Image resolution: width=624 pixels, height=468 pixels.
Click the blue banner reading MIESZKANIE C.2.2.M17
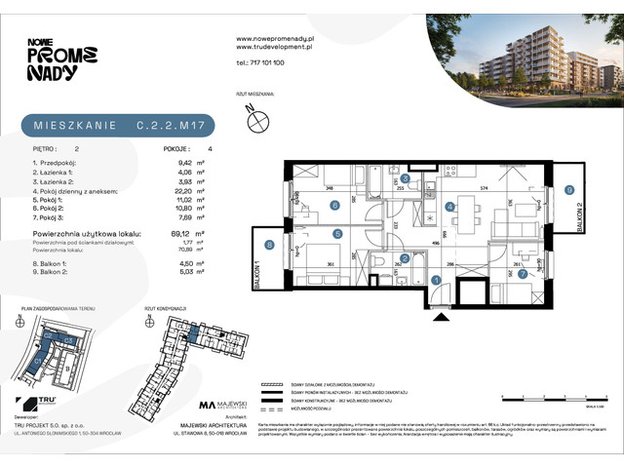(118, 126)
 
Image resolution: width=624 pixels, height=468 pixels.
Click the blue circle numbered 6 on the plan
(334, 205)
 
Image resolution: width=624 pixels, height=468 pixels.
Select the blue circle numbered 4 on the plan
(449, 207)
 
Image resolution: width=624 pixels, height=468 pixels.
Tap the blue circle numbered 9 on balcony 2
(569, 191)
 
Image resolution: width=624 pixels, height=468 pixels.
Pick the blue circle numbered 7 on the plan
(523, 276)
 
